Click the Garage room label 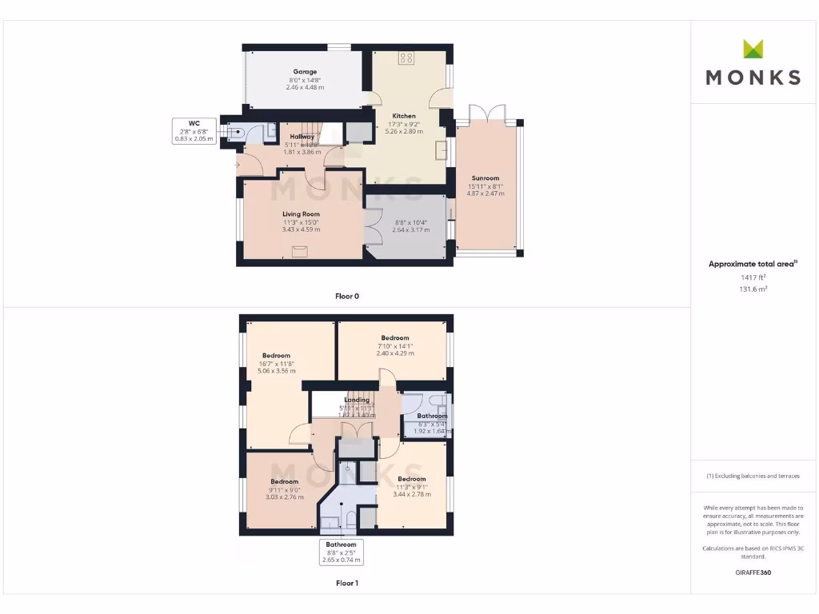tap(304, 72)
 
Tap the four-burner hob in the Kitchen tap(406, 58)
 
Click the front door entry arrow tap(238, 165)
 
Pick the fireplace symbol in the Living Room tap(300, 251)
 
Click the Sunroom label tap(485, 178)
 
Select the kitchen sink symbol tap(441, 150)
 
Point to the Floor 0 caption tap(347, 296)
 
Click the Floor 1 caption tap(347, 584)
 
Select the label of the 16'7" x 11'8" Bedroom tap(276, 355)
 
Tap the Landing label tap(357, 400)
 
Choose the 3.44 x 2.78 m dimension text tap(412, 494)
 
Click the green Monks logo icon tap(753, 49)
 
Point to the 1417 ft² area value tap(753, 277)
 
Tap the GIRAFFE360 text tap(753, 572)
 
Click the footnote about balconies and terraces tap(753, 476)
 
